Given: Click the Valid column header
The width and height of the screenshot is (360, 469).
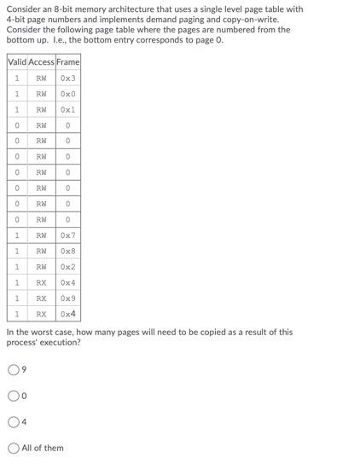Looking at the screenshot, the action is pyautogui.click(x=17, y=61).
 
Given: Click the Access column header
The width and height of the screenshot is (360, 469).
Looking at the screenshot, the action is pyautogui.click(x=41, y=61).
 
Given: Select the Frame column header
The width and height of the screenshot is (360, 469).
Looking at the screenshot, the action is pyautogui.click(x=68, y=61).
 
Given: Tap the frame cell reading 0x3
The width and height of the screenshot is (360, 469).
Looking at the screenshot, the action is pyautogui.click(x=68, y=78).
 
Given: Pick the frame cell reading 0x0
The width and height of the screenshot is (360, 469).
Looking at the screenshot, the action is pyautogui.click(x=68, y=94).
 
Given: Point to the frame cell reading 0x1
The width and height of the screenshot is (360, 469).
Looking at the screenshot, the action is pyautogui.click(x=68, y=109).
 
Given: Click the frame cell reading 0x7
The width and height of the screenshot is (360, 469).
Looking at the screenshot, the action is pyautogui.click(x=68, y=235).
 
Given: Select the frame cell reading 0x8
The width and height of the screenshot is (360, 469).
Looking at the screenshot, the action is pyautogui.click(x=68, y=251).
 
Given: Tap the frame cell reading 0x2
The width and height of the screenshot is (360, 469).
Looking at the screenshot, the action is pyautogui.click(x=68, y=267).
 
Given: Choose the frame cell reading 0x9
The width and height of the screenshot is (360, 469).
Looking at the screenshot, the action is pyautogui.click(x=68, y=298).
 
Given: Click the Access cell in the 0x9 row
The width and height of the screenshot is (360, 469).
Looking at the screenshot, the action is pyautogui.click(x=41, y=298).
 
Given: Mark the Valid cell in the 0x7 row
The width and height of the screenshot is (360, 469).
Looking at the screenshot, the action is pyautogui.click(x=17, y=235).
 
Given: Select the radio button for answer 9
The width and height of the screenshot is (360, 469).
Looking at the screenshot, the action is pyautogui.click(x=13, y=369).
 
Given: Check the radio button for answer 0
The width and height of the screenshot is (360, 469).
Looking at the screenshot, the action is pyautogui.click(x=13, y=396).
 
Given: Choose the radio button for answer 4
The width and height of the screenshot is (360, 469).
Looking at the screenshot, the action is pyautogui.click(x=13, y=421).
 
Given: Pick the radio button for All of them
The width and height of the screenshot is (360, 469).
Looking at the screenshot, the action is pyautogui.click(x=13, y=448).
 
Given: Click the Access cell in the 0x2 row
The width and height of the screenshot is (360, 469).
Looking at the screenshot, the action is pyautogui.click(x=41, y=267).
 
